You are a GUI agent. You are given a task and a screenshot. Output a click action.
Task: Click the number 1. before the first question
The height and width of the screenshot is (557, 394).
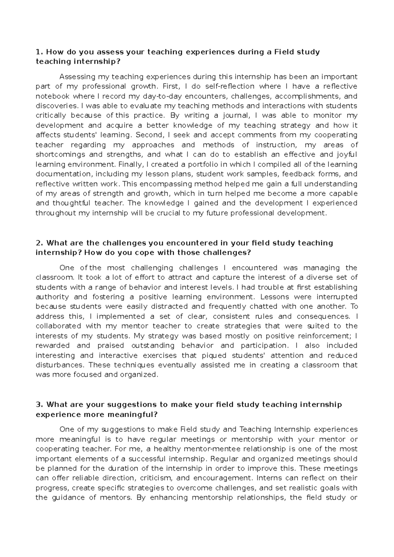[39, 52]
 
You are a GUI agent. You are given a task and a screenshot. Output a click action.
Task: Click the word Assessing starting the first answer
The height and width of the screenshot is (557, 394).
[77, 77]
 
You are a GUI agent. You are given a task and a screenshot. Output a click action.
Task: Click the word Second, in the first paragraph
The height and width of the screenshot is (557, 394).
[151, 135]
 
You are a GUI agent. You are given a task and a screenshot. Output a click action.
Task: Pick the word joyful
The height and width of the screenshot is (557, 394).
[347, 154]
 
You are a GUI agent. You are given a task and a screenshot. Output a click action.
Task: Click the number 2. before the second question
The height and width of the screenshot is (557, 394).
[39, 243]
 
